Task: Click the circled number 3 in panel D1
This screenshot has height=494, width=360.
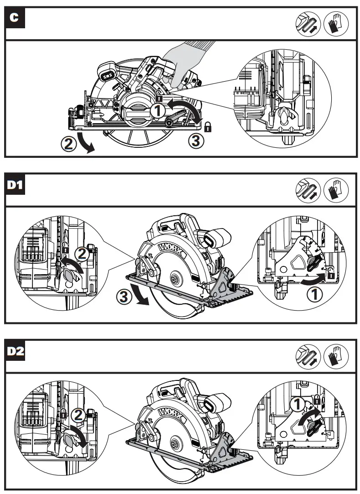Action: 125,296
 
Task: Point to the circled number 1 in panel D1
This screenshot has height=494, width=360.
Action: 317,295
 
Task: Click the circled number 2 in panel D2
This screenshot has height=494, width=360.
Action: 79,415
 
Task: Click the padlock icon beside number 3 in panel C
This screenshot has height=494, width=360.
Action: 208,127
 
